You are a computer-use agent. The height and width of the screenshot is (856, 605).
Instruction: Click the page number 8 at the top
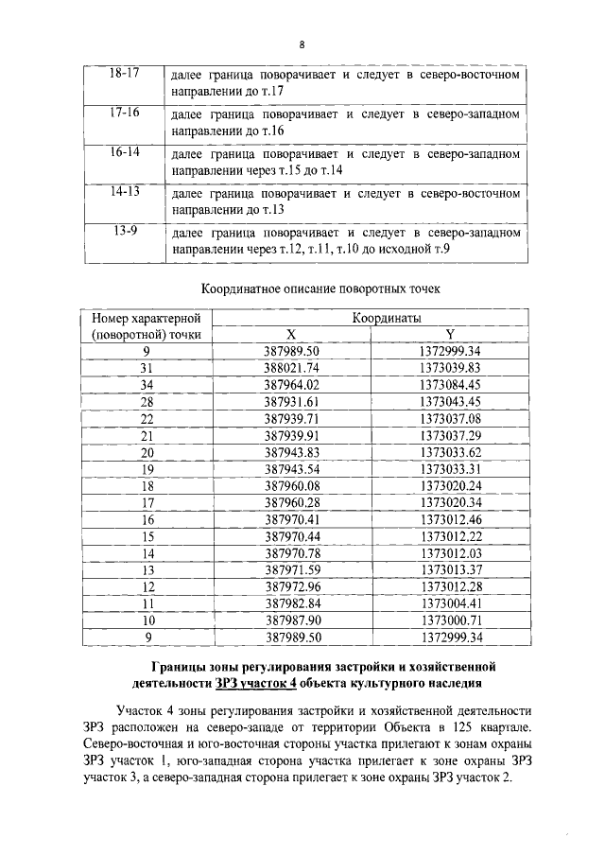[x=302, y=44]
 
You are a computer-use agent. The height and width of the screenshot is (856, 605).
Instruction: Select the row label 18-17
[x=124, y=74]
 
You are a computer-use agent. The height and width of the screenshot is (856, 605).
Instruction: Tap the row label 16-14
[x=124, y=151]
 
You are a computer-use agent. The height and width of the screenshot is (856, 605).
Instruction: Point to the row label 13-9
[x=124, y=230]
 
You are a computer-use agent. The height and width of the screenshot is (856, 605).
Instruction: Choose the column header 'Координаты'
[x=387, y=319]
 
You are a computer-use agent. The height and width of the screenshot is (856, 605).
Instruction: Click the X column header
[x=291, y=335]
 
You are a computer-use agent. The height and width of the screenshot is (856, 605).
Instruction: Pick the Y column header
[x=450, y=335]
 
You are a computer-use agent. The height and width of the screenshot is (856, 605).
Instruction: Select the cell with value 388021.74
[x=292, y=367]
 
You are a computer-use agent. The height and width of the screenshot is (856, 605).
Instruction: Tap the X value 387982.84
[x=292, y=603]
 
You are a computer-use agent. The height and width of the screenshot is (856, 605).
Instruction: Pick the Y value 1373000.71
[x=450, y=620]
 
